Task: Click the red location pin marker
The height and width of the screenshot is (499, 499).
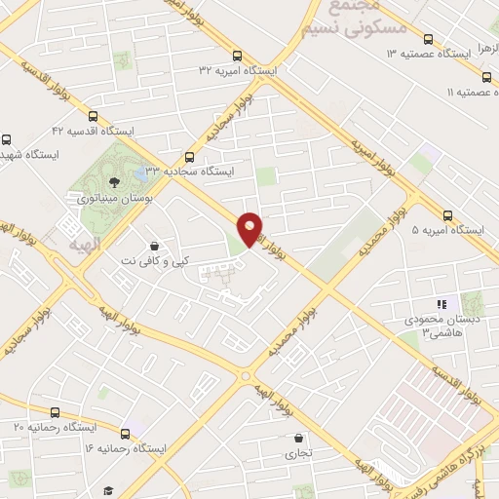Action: [x=249, y=228]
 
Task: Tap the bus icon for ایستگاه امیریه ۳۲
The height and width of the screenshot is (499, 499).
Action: [x=238, y=56]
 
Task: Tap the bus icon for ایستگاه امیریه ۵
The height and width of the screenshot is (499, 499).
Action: [x=448, y=215]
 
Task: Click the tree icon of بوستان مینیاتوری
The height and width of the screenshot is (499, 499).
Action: [x=114, y=181]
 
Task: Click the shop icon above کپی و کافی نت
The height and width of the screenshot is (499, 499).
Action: [x=153, y=246]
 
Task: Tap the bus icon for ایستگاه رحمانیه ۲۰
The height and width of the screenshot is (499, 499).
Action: [x=55, y=412]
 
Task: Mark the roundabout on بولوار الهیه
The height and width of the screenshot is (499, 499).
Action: [x=246, y=376]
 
